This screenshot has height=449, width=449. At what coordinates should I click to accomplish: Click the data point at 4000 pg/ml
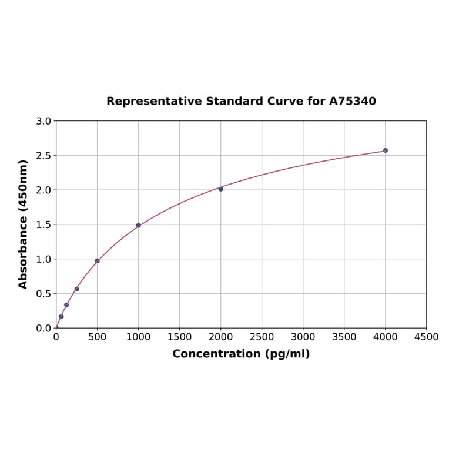pos(386,150)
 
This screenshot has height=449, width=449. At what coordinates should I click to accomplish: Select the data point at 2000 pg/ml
pos(221,189)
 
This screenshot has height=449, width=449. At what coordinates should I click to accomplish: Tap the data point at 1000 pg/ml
pos(139,225)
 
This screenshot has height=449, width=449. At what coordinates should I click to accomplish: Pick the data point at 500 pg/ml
pos(98,261)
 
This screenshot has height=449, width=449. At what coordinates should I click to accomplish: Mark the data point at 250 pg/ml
pos(77,289)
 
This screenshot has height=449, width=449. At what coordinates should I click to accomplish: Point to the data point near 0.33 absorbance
pos(66,305)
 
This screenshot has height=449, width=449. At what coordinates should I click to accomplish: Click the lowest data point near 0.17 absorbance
pos(61,317)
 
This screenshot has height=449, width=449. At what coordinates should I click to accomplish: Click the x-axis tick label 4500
pos(426,337)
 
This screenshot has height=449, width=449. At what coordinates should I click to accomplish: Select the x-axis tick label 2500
pos(262,337)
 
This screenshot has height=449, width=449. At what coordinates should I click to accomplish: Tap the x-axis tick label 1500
pos(179,337)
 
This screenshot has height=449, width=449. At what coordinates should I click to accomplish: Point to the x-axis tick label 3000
pos(303,337)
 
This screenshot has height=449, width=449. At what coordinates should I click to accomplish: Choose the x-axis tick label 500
pos(98,337)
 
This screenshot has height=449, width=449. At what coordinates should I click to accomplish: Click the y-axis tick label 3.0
pos(43,121)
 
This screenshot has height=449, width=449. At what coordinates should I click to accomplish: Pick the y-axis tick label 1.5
pos(43,224)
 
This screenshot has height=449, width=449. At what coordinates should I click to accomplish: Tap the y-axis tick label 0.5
pos(43,294)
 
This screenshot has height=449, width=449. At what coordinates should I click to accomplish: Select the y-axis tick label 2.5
pos(43,156)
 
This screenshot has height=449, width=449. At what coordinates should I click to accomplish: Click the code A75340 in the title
pos(352,102)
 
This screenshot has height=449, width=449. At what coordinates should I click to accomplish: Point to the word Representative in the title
pos(154,102)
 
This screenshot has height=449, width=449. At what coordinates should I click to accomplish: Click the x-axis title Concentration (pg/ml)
pos(241,354)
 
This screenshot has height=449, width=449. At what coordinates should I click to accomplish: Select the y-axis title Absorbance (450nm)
pos(24,224)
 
